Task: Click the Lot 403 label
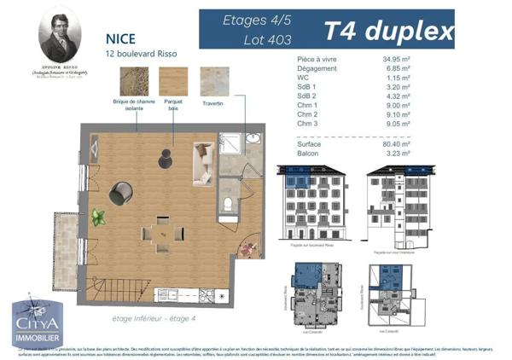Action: [267, 39]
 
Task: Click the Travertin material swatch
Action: [213, 83]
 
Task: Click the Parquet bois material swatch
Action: [172, 82]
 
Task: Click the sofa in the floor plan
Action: [202, 163]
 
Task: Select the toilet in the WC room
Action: [230, 203]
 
